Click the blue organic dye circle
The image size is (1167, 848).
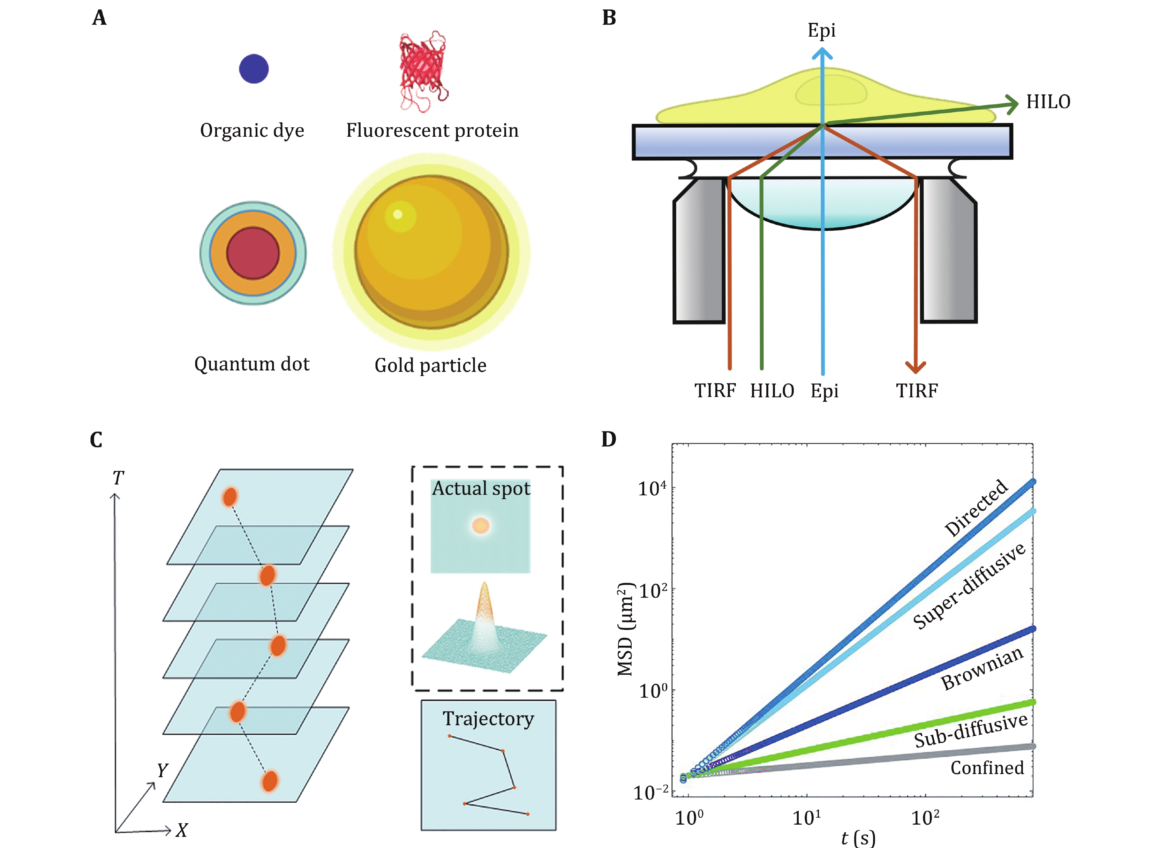tap(254, 68)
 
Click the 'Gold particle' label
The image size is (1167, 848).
tap(430, 365)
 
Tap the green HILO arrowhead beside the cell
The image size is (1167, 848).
tap(1011, 104)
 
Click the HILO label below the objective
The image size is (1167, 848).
tap(772, 391)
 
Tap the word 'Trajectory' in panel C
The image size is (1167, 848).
tap(488, 718)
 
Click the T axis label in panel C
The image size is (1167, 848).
tap(118, 478)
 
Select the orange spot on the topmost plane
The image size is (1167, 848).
tap(229, 497)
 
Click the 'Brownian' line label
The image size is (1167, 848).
tap(982, 668)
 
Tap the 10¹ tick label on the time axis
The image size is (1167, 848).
tap(806, 817)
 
